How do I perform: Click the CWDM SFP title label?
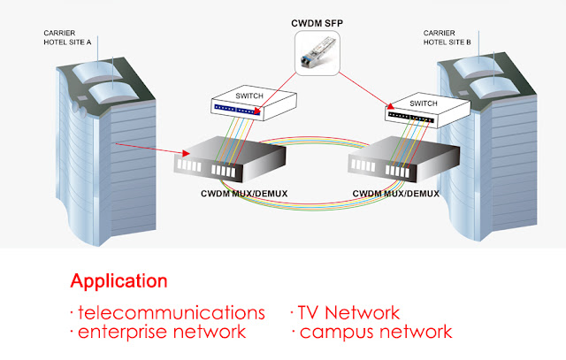[317, 24]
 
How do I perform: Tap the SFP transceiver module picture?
[317, 53]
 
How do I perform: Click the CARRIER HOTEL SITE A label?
[67, 37]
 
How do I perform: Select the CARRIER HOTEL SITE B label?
[447, 37]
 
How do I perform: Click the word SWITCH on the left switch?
[249, 96]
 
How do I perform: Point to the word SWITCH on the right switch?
[424, 103]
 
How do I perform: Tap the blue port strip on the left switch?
[237, 110]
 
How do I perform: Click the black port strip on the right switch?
[410, 118]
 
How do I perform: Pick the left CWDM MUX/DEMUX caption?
[244, 194]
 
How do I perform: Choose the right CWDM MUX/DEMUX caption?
[395, 194]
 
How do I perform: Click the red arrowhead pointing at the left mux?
[186, 153]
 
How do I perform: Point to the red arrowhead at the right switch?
[390, 106]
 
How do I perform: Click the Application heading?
[119, 281]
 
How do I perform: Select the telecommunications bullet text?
[168, 312]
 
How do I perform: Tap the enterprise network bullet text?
[158, 332]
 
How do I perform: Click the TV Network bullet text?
[345, 312]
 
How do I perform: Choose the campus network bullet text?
[371, 333]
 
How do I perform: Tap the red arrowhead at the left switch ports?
[257, 111]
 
